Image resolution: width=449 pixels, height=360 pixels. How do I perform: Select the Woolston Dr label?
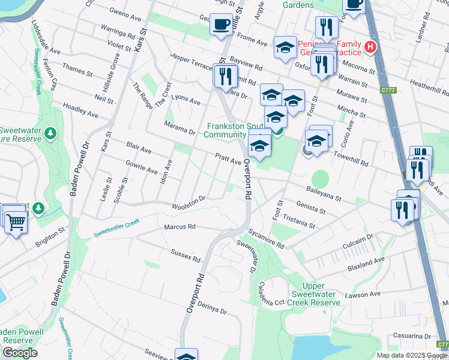coord(188,202)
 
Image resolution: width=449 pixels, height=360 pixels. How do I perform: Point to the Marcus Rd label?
coord(180,227)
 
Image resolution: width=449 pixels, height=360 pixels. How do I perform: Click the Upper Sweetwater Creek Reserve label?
coord(316,294)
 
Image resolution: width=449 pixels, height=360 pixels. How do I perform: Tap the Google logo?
coord(20,353)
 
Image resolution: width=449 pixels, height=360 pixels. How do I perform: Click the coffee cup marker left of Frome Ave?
coord(221,25)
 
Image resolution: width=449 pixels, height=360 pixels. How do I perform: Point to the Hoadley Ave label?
coord(80,109)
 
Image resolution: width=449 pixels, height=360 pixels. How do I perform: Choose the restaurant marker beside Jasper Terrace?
coord(224,76)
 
